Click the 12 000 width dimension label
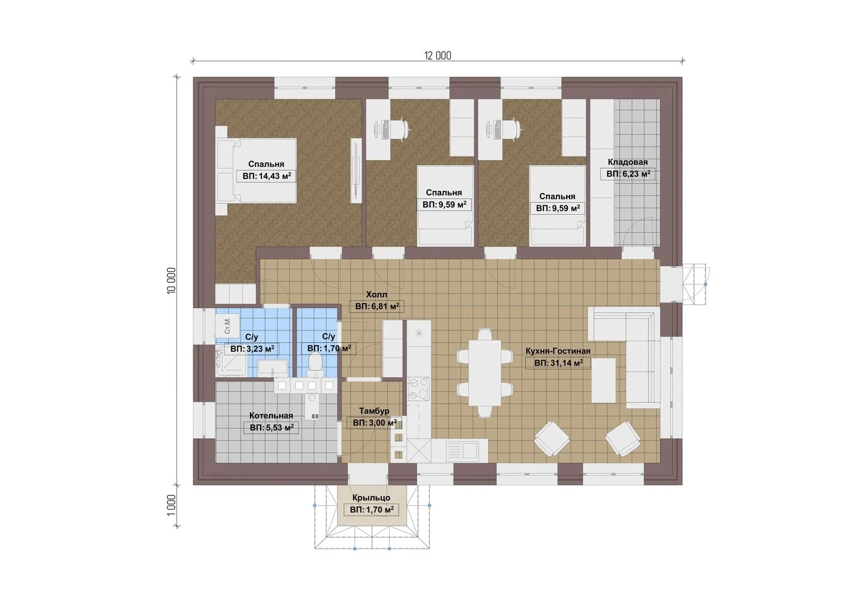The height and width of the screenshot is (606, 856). pyautogui.click(x=438, y=56)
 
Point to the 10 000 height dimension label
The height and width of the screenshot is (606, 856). pyautogui.click(x=172, y=281)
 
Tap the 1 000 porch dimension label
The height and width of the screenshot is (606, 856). pyautogui.click(x=172, y=505)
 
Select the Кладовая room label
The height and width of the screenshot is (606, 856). pyautogui.click(x=628, y=162)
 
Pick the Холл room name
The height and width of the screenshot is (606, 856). pyautogui.click(x=377, y=294)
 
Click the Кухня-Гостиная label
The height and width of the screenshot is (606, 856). pyautogui.click(x=558, y=351)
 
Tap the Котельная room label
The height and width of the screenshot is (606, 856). pyautogui.click(x=271, y=415)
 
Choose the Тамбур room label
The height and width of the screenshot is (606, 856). pyautogui.click(x=374, y=411)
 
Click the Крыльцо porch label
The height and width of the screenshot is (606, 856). pyautogui.click(x=371, y=497)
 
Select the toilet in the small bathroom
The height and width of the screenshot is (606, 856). pyautogui.click(x=315, y=364)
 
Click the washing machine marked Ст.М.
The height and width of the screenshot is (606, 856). pyautogui.click(x=228, y=325)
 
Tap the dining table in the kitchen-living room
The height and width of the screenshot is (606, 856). pyautogui.click(x=485, y=373)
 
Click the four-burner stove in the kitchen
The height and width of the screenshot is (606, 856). pyautogui.click(x=418, y=388)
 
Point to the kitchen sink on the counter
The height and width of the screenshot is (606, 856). pyautogui.click(x=462, y=449)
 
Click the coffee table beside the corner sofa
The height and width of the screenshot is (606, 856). pyautogui.click(x=603, y=380)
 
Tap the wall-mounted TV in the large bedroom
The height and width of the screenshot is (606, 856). pyautogui.click(x=356, y=170)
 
